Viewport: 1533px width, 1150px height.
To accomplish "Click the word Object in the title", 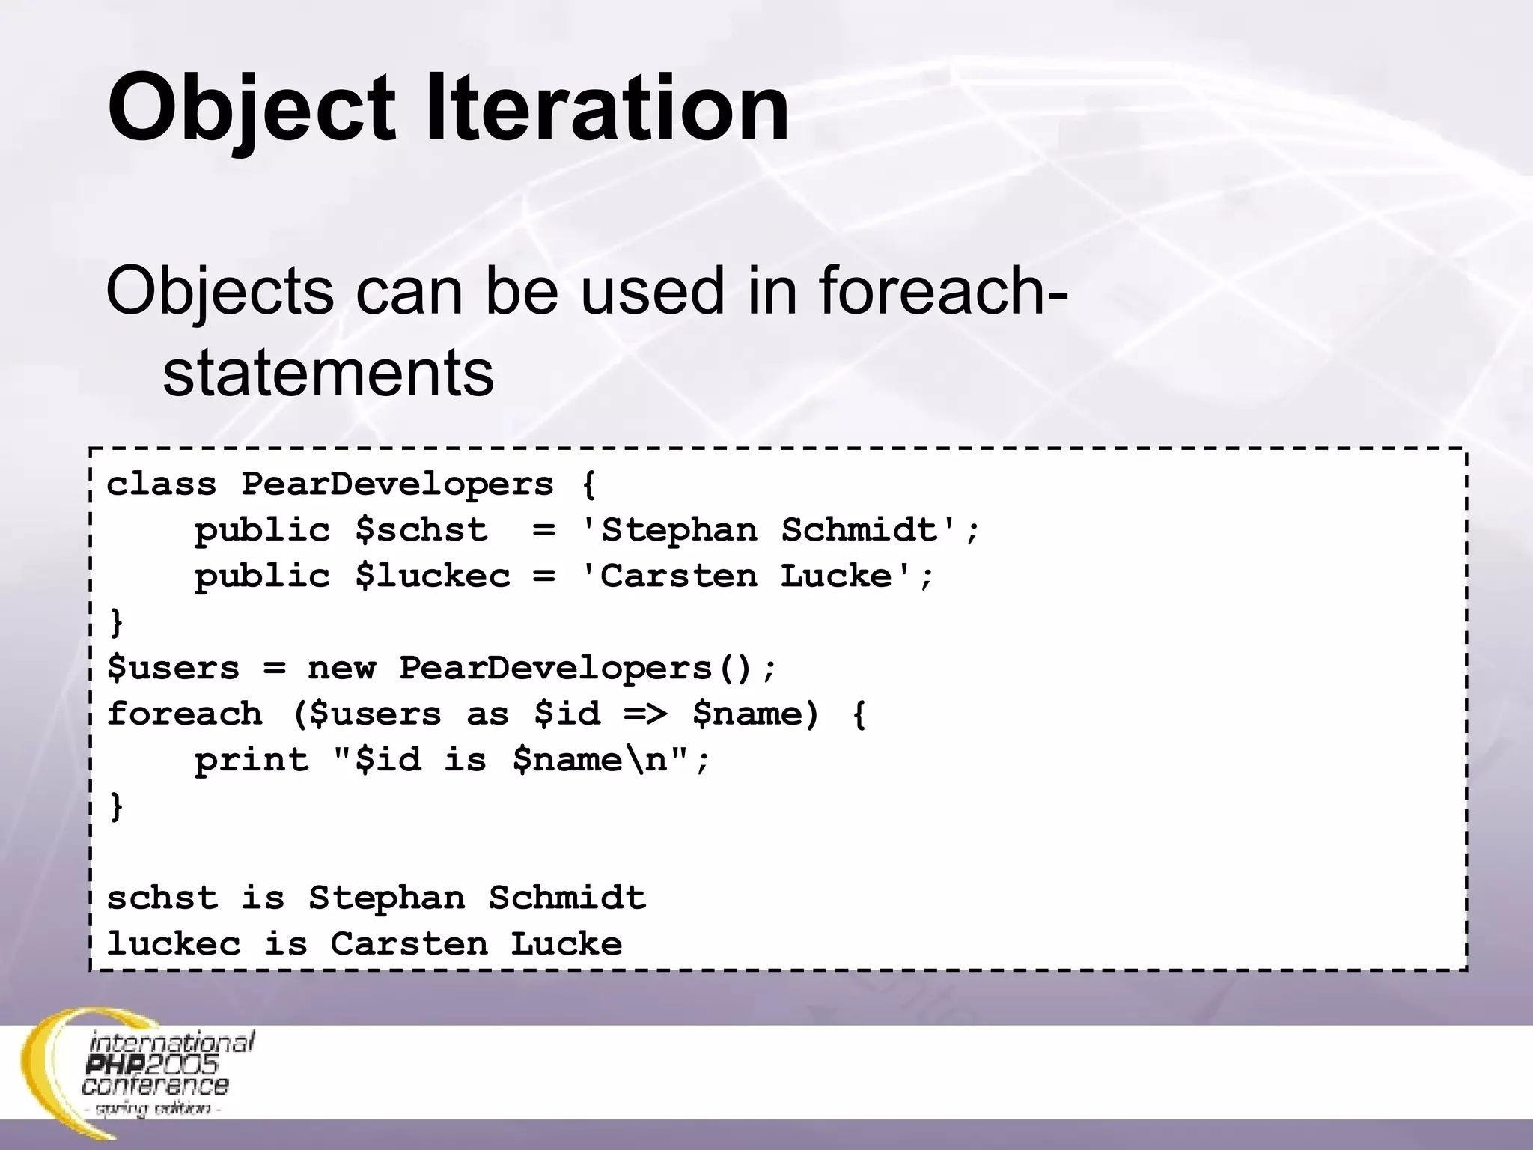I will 251,109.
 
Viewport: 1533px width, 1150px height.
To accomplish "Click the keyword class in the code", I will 162,484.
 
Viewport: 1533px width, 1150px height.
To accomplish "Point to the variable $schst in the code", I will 421,531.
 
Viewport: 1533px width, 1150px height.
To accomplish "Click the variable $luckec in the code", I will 433,576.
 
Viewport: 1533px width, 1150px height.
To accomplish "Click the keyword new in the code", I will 341,668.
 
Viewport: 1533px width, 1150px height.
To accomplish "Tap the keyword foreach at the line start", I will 185,714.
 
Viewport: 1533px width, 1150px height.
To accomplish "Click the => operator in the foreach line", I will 645,714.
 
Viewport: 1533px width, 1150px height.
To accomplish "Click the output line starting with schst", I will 376,898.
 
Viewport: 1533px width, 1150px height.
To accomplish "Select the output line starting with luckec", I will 365,944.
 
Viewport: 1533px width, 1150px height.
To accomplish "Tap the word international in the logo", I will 172,1042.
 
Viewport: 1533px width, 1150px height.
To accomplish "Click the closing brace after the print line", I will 116,807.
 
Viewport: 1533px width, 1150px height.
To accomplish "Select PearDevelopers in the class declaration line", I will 397,484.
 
